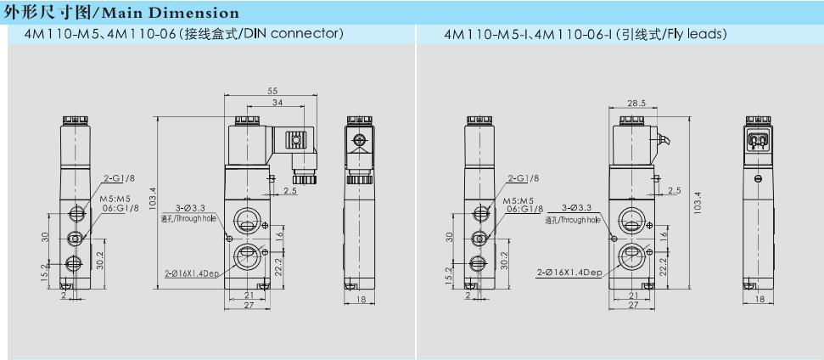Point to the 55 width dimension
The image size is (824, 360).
272,90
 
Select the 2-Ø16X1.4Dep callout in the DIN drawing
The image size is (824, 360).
191,273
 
